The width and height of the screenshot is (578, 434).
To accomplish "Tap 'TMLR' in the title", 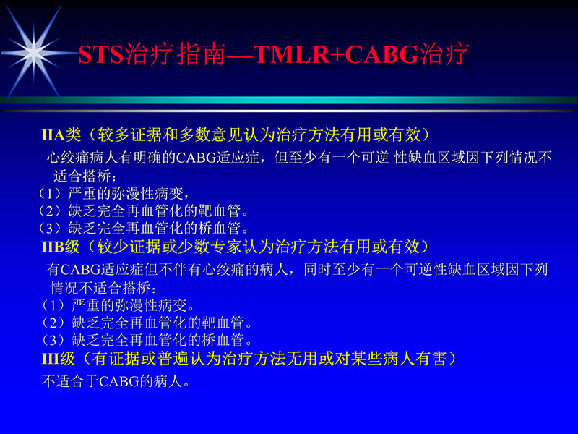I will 285,55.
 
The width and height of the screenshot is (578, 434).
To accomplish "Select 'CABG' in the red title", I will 379,55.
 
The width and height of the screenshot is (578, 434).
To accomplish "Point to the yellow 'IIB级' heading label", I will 61,246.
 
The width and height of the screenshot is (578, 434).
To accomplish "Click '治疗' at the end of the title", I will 444,55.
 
